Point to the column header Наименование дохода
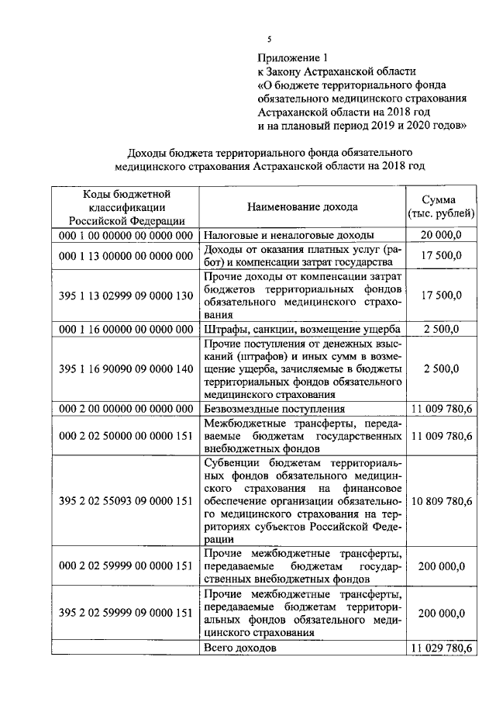pos(302,207)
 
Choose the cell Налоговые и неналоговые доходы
pos(288,234)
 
